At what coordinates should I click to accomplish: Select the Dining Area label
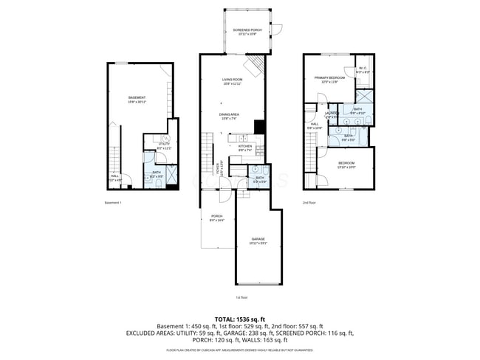click(229, 116)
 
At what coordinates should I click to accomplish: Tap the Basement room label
click(137, 99)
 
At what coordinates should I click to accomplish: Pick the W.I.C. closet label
click(363, 70)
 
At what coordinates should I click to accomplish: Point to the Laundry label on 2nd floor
click(332, 114)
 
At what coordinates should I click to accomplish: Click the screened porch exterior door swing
click(277, 30)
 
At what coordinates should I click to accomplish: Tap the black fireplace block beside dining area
click(258, 126)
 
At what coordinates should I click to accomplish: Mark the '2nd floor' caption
click(309, 201)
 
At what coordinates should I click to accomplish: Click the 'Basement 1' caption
click(113, 201)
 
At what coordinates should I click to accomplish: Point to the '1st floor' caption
click(241, 297)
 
